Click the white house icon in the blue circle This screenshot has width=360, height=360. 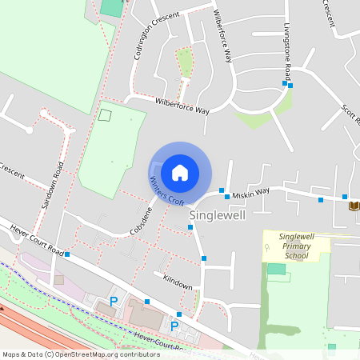click(180, 172)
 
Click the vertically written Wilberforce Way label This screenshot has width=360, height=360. click(223, 37)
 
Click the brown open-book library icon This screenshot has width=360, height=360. click(354, 206)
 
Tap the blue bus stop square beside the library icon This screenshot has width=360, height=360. click(344, 197)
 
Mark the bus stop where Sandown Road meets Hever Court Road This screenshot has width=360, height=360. click(67, 254)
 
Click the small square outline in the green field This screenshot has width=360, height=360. click(104, 114)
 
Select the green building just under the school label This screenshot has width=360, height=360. click(276, 269)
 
